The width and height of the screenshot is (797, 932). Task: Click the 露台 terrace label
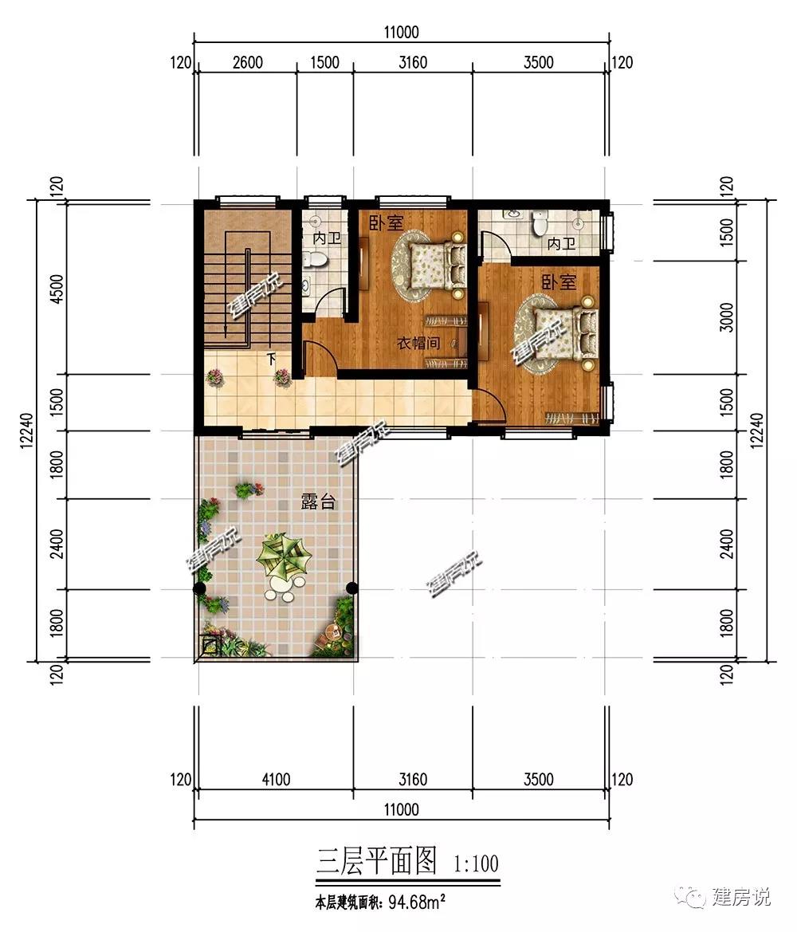tap(318, 501)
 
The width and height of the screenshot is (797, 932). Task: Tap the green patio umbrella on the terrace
tap(284, 556)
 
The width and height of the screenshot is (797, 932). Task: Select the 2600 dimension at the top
tap(247, 62)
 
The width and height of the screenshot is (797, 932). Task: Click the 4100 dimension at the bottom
tap(276, 779)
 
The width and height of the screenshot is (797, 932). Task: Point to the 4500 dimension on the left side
tap(57, 289)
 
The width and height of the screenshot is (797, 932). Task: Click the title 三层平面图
tap(378, 861)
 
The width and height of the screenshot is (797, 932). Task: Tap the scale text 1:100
tap(476, 863)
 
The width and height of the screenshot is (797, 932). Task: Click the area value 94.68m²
tap(417, 902)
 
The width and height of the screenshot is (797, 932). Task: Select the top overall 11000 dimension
tap(401, 32)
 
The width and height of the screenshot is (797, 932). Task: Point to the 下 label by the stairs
tap(272, 359)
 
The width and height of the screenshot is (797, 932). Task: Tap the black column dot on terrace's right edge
tap(351, 588)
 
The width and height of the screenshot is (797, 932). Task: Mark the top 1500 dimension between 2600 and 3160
tap(324, 62)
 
